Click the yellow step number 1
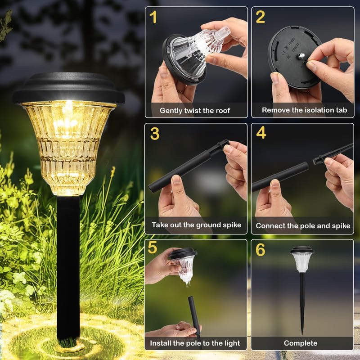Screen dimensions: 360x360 pyautogui.click(x=153, y=18)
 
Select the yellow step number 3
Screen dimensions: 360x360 pyautogui.click(x=154, y=134)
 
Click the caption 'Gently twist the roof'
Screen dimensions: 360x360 pyautogui.click(x=195, y=110)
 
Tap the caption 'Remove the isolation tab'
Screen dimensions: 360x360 pyautogui.click(x=305, y=110)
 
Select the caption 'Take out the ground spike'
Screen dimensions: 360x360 pyautogui.click(x=196, y=225)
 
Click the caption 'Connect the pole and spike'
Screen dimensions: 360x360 pyautogui.click(x=303, y=226)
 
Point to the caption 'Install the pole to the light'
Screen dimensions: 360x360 pyautogui.click(x=196, y=343)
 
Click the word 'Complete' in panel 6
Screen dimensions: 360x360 pyautogui.click(x=301, y=343)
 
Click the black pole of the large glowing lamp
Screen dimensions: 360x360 pyautogui.click(x=68, y=265)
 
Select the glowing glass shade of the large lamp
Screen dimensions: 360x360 pyautogui.click(x=68, y=144)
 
